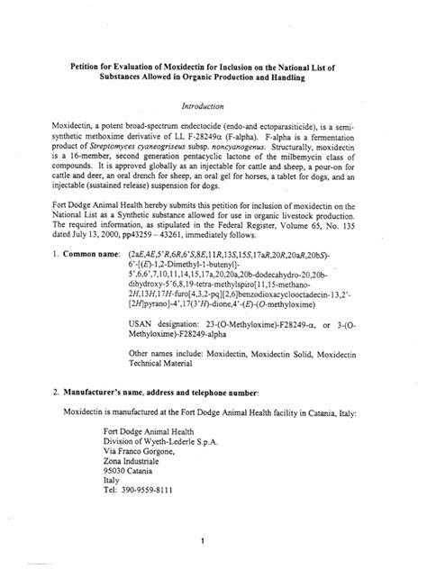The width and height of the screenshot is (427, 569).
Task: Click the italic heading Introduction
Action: click(213, 105)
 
